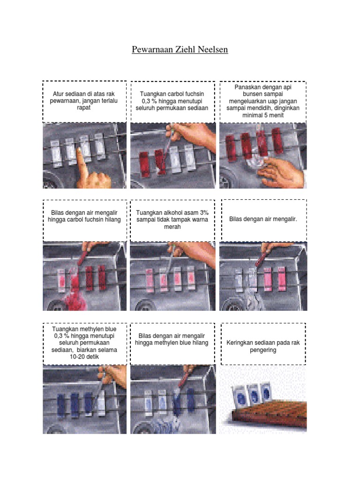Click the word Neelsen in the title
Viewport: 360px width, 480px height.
(x=213, y=49)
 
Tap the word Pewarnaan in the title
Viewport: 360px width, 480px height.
(x=152, y=49)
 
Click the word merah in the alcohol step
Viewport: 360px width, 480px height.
(x=172, y=227)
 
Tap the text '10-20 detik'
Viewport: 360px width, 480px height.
(x=84, y=357)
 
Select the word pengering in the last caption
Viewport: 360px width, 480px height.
(x=263, y=350)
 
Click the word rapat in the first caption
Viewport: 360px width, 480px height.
(x=83, y=108)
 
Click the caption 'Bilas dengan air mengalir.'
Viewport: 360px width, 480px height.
(x=263, y=219)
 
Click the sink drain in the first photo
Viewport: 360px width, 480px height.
(x=51, y=182)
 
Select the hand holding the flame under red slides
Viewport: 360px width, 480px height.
(x=281, y=172)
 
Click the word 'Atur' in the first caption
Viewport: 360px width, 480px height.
(x=58, y=94)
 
